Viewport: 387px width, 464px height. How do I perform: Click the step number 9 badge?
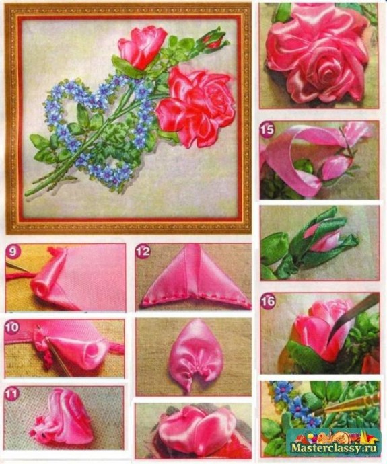pos(13,252)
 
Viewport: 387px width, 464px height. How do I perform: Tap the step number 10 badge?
pos(12,327)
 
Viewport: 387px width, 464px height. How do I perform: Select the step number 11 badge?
pos(12,393)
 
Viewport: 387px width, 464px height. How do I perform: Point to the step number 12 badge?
pos(143,252)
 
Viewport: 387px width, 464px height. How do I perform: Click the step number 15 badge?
pos(267,130)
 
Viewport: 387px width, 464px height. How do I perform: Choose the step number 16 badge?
pos(268,301)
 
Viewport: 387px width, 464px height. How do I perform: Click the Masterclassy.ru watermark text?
pos(334,448)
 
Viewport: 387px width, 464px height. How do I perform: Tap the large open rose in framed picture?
pos(196,107)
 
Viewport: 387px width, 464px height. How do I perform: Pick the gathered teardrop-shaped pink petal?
pos(195,355)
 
